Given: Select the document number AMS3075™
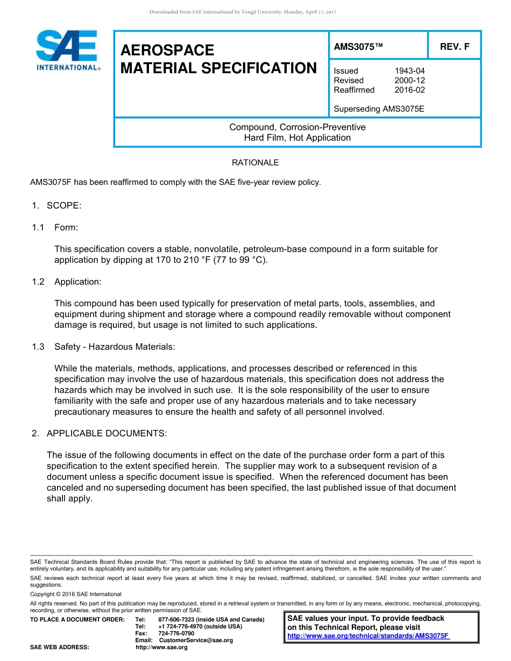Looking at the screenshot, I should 358,47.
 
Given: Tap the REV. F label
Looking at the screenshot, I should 455,47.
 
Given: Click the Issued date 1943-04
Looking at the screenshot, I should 409,71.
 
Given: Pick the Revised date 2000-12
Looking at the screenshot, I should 409,81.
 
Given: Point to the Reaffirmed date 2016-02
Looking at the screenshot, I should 409,90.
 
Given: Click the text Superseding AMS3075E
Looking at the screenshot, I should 379,109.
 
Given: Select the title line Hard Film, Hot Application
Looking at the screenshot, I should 297,138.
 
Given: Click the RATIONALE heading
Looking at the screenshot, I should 255,162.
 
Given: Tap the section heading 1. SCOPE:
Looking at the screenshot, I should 56,206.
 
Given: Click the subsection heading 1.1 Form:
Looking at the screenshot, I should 55,227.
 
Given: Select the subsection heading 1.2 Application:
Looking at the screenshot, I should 66,282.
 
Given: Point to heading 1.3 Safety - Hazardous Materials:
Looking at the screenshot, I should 103,347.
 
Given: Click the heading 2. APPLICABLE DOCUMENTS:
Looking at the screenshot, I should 99,433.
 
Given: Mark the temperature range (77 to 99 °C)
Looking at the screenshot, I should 237,260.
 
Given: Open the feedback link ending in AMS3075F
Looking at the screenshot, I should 368,636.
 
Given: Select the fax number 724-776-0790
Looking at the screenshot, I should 176,634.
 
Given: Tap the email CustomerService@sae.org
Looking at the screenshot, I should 196,641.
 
